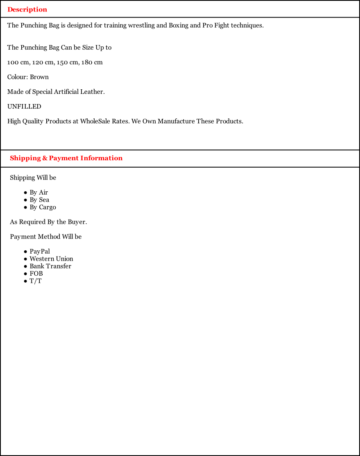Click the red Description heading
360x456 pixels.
click(27, 9)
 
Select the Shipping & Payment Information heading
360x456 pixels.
click(66, 158)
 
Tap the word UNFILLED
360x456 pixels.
click(24, 107)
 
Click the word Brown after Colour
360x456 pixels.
click(39, 77)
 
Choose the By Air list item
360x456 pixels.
click(39, 193)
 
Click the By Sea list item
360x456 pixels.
click(39, 200)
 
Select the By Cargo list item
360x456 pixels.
click(43, 207)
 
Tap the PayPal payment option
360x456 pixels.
click(40, 252)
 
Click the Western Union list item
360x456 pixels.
click(51, 259)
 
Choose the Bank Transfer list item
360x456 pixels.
click(50, 266)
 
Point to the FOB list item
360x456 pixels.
click(36, 274)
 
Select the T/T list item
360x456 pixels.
click(36, 281)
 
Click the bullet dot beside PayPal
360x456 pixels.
click(25, 252)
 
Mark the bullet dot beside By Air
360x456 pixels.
click(25, 193)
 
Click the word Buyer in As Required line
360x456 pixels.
click(77, 222)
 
